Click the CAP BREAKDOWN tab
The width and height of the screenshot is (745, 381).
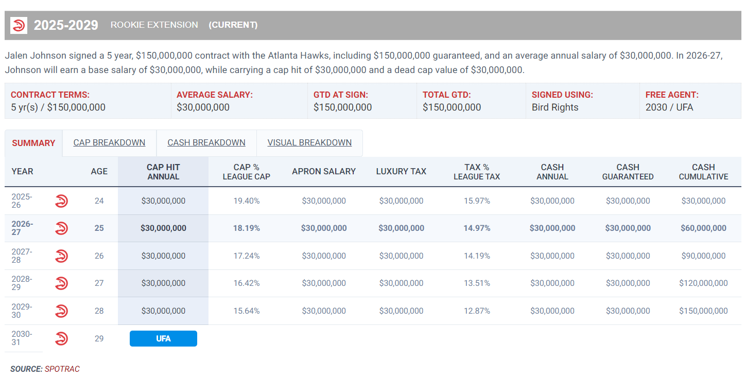(x=109, y=142)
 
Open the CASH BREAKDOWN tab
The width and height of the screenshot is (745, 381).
(x=206, y=142)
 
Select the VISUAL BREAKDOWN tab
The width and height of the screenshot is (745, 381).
(x=309, y=142)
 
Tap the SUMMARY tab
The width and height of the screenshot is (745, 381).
(x=33, y=143)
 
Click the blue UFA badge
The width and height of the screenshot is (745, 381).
(x=163, y=338)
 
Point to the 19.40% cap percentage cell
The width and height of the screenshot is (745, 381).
(x=247, y=201)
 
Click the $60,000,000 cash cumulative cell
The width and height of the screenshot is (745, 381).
(x=703, y=228)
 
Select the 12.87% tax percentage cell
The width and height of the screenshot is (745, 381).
(x=477, y=311)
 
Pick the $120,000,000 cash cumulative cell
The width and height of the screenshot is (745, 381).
(x=703, y=283)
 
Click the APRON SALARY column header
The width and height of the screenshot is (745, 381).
(x=324, y=171)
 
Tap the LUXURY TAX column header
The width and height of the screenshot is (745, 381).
(x=401, y=171)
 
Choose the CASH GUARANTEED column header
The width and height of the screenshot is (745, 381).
(x=628, y=172)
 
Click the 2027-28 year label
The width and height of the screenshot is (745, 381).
(x=22, y=256)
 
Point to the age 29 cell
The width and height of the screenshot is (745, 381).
(x=99, y=338)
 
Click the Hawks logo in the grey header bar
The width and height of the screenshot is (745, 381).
(x=19, y=25)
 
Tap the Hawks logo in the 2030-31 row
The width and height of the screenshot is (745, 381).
(x=62, y=338)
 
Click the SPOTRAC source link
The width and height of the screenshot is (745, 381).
(x=62, y=369)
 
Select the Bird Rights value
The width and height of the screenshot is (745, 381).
(x=555, y=107)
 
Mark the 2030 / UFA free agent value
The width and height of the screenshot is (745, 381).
(x=669, y=107)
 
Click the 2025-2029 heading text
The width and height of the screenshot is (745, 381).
(x=66, y=25)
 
